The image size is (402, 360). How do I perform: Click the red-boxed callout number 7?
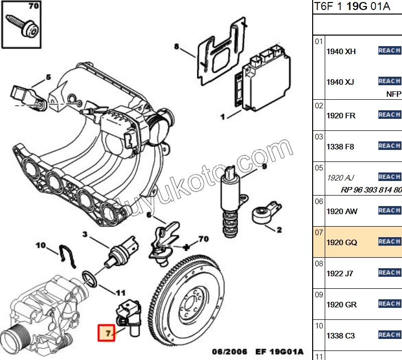pyautogui.click(x=106, y=332)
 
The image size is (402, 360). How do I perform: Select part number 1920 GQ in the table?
pyautogui.click(x=342, y=242)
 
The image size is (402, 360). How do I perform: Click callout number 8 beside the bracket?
pyautogui.click(x=177, y=47)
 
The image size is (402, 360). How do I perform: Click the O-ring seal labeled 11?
pyautogui.click(x=90, y=278)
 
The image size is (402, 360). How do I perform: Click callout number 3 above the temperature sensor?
pyautogui.click(x=85, y=234)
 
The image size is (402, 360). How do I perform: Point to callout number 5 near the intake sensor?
pyautogui.click(x=49, y=77)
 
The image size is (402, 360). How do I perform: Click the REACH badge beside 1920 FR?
pyautogui.click(x=389, y=115)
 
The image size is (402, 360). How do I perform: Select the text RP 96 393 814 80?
pyautogui.click(x=371, y=190)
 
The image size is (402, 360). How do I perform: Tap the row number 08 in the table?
pyautogui.click(x=319, y=263)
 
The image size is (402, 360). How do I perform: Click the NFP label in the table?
pyautogui.click(x=393, y=94)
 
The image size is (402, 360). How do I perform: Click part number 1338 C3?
pyautogui.click(x=341, y=335)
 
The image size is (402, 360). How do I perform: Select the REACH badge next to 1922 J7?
pyautogui.click(x=389, y=273)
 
